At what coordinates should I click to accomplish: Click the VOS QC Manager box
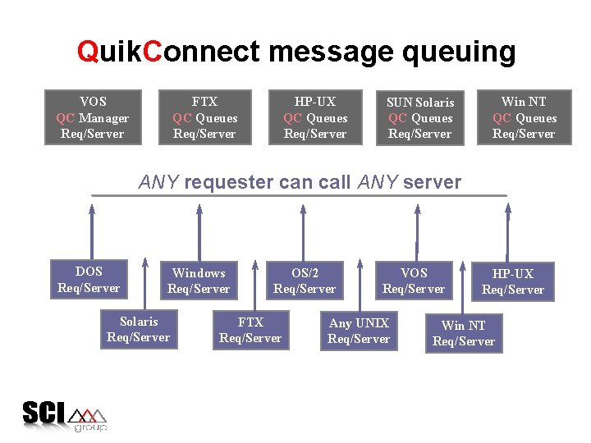[93, 117]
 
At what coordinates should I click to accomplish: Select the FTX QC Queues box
[204, 117]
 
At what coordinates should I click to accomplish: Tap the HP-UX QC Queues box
[315, 117]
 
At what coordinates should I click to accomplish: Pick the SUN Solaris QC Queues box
[420, 118]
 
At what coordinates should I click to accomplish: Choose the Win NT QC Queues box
[524, 117]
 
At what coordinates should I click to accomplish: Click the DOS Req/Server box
[89, 279]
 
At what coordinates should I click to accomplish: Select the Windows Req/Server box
[199, 281]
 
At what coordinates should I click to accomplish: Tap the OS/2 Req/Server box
[305, 281]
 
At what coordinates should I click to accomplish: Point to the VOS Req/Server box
[414, 281]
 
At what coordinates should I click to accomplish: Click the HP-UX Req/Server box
[513, 281]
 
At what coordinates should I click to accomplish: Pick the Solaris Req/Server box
[138, 329]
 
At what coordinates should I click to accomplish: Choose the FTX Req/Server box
[250, 330]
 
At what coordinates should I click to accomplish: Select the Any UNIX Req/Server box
[359, 331]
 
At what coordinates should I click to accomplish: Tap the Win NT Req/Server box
[464, 333]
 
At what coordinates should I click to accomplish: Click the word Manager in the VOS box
[103, 117]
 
